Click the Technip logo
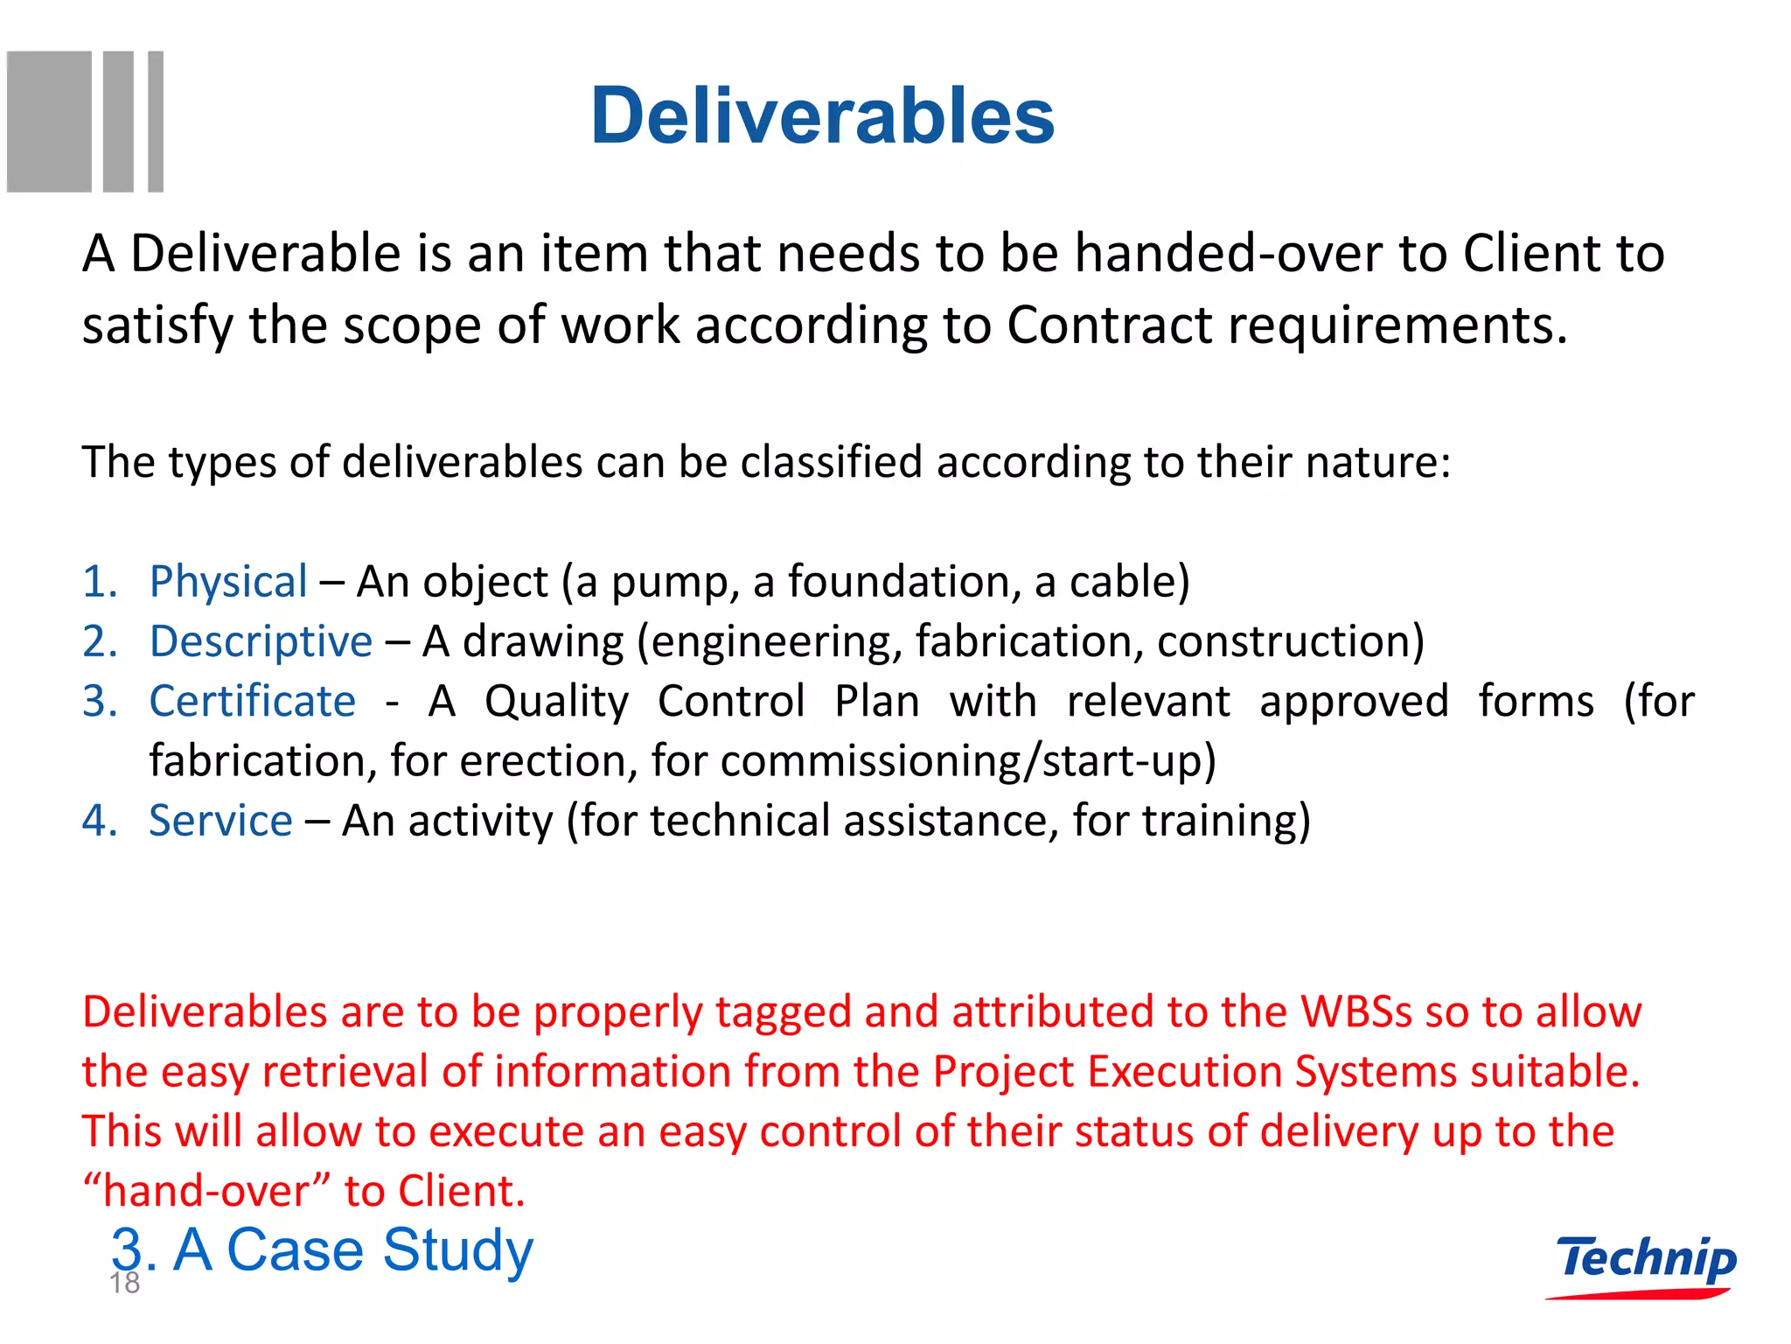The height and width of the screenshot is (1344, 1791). [x=1645, y=1263]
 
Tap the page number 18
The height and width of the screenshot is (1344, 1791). [x=124, y=1284]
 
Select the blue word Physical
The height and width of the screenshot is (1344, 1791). [x=228, y=582]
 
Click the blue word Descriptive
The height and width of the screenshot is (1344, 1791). [x=261, y=641]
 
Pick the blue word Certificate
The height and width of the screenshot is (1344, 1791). [x=253, y=701]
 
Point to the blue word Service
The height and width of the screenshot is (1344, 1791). [x=220, y=821]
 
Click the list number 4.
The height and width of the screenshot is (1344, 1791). [x=99, y=821]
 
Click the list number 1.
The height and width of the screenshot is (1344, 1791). [x=99, y=582]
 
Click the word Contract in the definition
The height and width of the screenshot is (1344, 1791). [x=1109, y=325]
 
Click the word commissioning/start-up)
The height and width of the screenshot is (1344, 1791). [x=968, y=760]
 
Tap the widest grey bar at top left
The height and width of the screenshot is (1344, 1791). [x=49, y=122]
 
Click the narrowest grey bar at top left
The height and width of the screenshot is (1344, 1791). [x=156, y=122]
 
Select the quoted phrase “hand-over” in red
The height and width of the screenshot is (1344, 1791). [x=206, y=1192]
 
